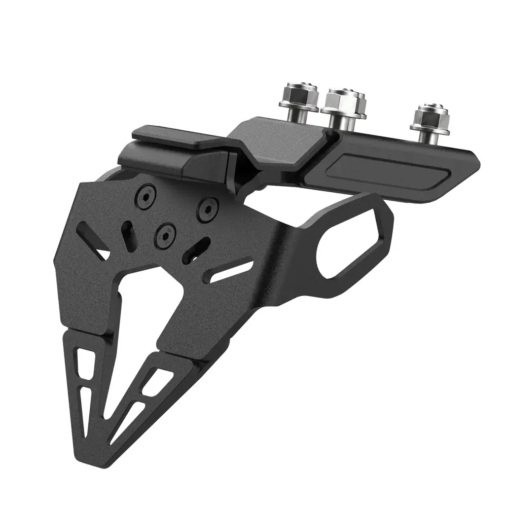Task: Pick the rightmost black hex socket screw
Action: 207,209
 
